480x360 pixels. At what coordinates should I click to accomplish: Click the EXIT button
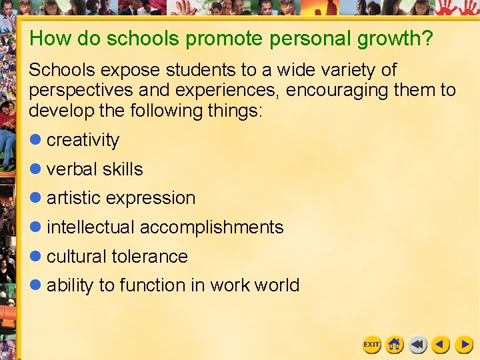click(x=371, y=345)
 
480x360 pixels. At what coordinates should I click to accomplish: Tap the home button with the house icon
click(x=395, y=345)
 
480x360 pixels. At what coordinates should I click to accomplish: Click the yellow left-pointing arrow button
click(x=441, y=345)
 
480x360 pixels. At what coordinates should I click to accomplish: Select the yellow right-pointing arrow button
click(x=464, y=345)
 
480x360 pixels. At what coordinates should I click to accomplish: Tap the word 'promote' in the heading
click(x=225, y=39)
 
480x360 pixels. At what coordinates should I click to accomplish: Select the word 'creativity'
click(x=83, y=140)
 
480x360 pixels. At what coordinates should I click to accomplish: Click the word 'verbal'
click(x=71, y=169)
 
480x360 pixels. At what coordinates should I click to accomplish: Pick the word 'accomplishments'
click(x=211, y=227)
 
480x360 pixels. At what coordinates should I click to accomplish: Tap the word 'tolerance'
click(x=150, y=256)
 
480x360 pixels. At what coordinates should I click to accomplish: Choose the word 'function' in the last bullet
click(x=153, y=285)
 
